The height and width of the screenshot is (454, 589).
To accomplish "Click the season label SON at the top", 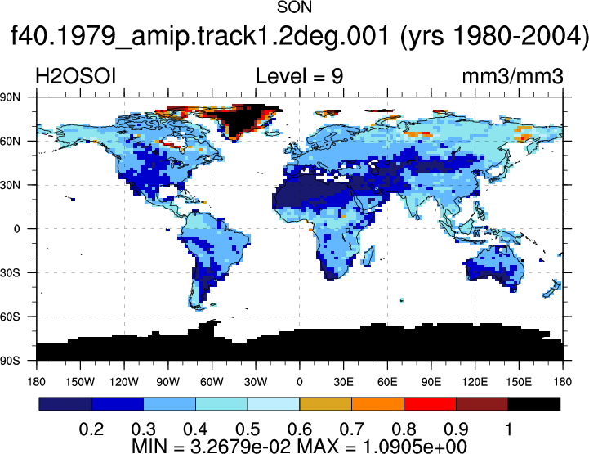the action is click(294, 7).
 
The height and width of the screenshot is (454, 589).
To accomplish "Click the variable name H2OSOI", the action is click(75, 76).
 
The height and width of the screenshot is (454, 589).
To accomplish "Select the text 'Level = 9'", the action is click(299, 76).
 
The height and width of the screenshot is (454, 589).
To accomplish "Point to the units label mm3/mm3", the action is click(512, 76).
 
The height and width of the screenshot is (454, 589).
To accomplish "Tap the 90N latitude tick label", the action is click(10, 97).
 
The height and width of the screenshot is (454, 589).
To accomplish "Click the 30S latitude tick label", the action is click(10, 272).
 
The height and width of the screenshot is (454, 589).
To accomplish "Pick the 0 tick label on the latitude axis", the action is click(16, 229).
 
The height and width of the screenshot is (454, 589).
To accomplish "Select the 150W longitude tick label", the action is click(80, 382).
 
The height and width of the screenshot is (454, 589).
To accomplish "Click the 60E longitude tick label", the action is click(387, 382).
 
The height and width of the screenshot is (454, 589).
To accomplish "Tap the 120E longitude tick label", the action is click(475, 382).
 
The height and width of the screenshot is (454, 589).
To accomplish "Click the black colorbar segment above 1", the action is click(533, 404).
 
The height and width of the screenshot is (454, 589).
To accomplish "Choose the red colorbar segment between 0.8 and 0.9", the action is click(430, 404).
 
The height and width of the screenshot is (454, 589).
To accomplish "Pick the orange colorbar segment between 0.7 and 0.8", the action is click(377, 404).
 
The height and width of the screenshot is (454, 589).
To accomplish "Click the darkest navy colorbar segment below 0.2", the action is click(65, 404).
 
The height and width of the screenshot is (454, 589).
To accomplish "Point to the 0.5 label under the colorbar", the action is click(248, 429).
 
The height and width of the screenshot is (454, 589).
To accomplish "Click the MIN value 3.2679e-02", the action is click(240, 446).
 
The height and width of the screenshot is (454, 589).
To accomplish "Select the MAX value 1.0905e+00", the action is click(415, 446).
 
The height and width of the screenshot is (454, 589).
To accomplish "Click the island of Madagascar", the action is click(369, 256).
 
